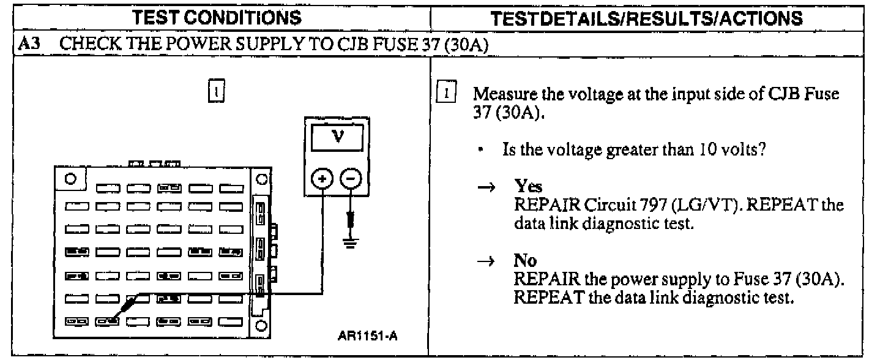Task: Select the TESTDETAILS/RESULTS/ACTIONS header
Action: (661, 19)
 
